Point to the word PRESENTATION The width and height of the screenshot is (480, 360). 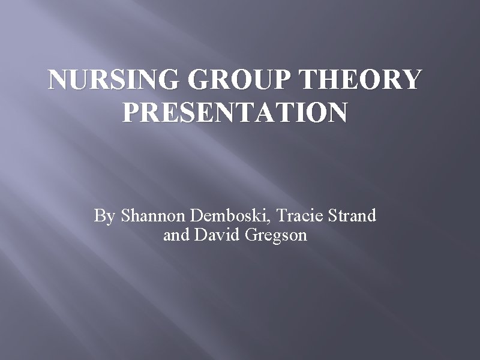pyautogui.click(x=235, y=112)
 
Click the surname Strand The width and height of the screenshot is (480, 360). pyautogui.click(x=353, y=215)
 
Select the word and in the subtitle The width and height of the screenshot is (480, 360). pyautogui.click(x=175, y=235)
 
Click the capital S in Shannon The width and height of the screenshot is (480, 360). pyautogui.click(x=125, y=215)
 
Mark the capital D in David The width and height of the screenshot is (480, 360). pyautogui.click(x=200, y=235)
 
